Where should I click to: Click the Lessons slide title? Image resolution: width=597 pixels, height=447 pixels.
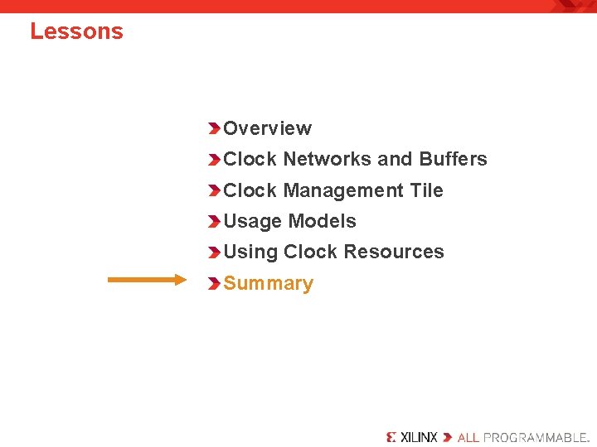[x=76, y=31]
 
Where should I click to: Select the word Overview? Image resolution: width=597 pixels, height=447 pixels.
[x=267, y=128]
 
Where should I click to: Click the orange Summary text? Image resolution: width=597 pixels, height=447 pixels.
[x=268, y=283]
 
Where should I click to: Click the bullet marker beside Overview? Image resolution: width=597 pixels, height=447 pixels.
[x=215, y=128]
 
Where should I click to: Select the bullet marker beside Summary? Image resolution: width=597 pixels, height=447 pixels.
[x=215, y=284]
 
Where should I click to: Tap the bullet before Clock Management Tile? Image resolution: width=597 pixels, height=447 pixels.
[x=215, y=190]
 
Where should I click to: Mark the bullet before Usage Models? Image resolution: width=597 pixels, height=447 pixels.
[x=215, y=222]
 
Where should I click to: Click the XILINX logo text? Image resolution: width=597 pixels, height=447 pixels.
[x=418, y=437]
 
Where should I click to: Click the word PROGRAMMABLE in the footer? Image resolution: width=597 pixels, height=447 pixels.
[x=536, y=437]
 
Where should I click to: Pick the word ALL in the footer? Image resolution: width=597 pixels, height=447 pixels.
[x=468, y=437]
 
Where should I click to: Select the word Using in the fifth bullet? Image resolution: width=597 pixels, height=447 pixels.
[x=250, y=252]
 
